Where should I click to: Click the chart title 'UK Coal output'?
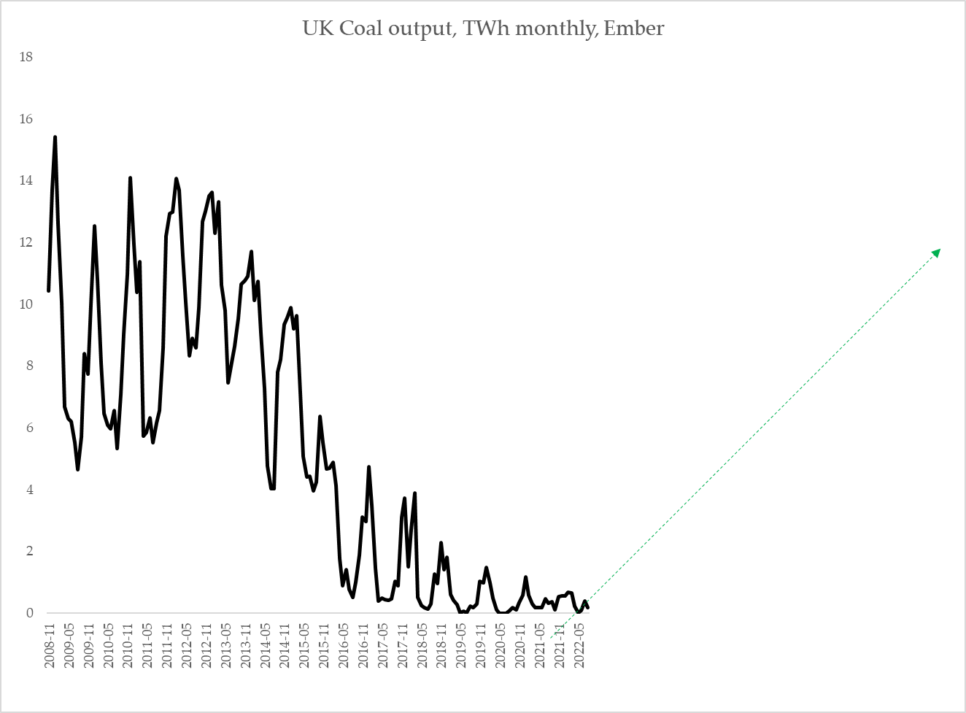(376, 28)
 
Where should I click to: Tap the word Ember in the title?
(633, 28)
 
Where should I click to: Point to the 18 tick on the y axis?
(26, 57)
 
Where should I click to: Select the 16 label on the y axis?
(26, 119)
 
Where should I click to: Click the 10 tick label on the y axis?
(26, 304)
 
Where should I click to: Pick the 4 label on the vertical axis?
(29, 490)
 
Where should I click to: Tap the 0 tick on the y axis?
(29, 613)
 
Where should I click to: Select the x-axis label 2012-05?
(187, 644)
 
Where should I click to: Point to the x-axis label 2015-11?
(324, 644)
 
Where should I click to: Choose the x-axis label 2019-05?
(461, 644)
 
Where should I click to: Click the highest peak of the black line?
(55, 137)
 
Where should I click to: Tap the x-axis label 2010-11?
(128, 644)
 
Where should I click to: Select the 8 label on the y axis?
(29, 366)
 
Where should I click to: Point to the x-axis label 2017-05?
(382, 644)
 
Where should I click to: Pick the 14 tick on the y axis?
(26, 180)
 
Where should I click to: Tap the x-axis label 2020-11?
(520, 644)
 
